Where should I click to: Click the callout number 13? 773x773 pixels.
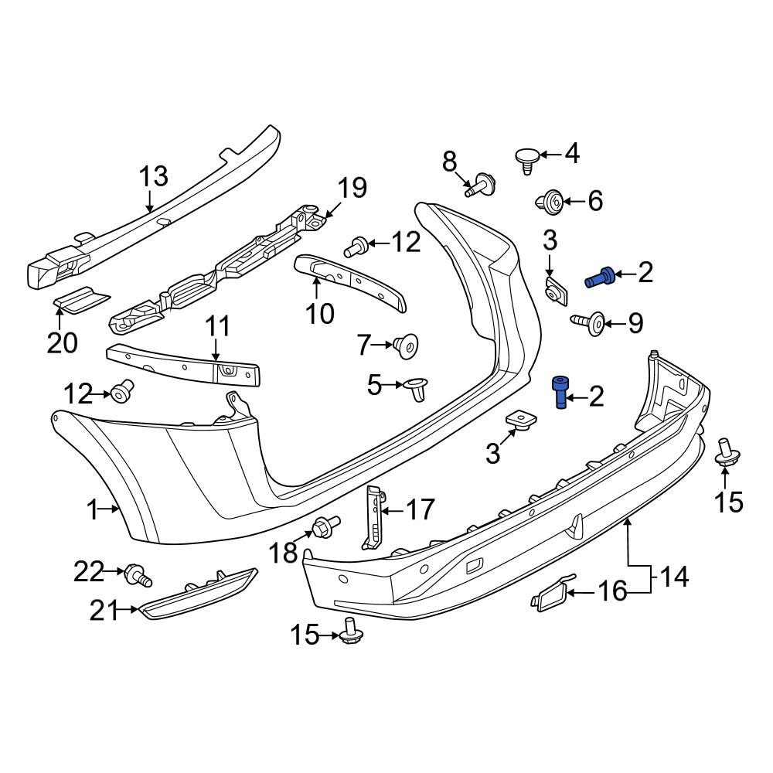click(x=153, y=176)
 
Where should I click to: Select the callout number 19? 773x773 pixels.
click(x=352, y=188)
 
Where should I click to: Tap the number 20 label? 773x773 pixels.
click(x=62, y=343)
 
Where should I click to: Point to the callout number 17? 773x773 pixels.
click(x=420, y=509)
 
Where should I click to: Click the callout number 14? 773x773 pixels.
click(x=673, y=577)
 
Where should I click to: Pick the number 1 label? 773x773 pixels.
click(x=93, y=510)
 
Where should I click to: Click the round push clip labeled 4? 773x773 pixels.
click(x=526, y=160)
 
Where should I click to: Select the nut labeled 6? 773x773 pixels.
click(x=549, y=203)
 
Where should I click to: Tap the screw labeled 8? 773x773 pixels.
click(x=480, y=186)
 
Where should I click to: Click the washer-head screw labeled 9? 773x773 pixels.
click(x=589, y=322)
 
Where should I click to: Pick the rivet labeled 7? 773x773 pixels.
click(x=406, y=346)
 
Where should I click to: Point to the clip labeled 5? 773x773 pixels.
click(x=417, y=389)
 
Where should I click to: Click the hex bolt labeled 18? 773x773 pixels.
click(x=325, y=525)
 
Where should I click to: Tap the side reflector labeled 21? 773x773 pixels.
click(x=197, y=593)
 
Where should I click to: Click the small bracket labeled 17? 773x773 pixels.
click(x=373, y=516)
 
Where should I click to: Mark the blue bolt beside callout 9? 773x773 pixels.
click(x=600, y=278)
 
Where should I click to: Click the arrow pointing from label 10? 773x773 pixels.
click(x=316, y=288)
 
